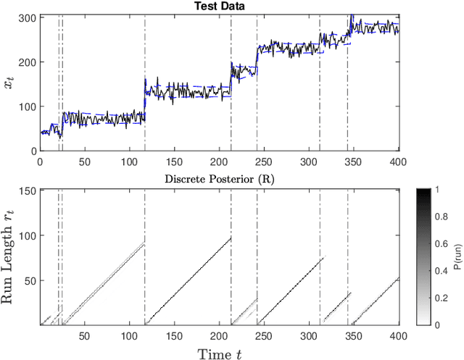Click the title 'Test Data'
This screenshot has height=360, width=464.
coord(220,6)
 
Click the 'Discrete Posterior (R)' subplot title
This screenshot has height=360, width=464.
coord(220,180)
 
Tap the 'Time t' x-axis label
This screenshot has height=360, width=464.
coord(220,351)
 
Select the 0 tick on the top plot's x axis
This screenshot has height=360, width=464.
coord(40,162)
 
